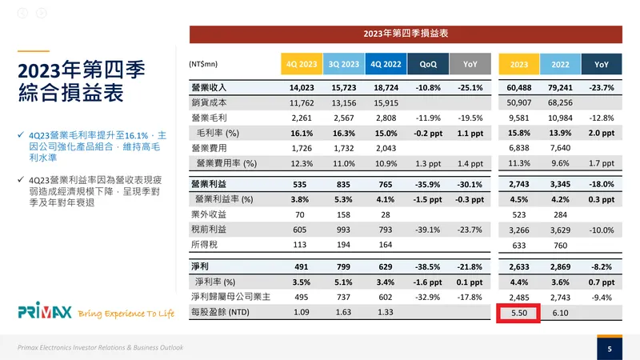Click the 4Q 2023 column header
(x=300, y=62)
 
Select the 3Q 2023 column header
(x=342, y=62)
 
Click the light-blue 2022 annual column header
(x=560, y=62)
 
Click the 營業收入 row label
(x=210, y=87)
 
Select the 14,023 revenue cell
(x=299, y=87)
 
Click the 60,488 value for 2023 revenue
(x=518, y=87)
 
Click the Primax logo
(x=46, y=310)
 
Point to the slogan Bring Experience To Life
(x=126, y=313)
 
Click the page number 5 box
(x=610, y=348)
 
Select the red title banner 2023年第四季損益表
(x=405, y=34)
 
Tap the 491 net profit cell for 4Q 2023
(x=299, y=266)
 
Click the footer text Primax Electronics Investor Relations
(x=101, y=348)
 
